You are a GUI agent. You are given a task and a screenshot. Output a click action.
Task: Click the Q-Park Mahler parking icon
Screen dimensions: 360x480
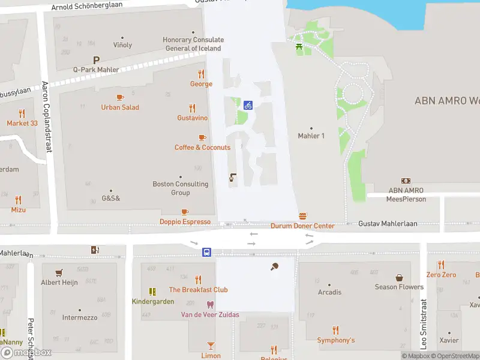click(x=96, y=60)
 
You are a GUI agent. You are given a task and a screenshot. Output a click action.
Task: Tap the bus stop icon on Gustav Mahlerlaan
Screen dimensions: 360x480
click(x=206, y=252)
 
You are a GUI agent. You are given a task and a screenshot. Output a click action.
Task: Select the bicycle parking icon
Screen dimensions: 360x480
click(x=248, y=106)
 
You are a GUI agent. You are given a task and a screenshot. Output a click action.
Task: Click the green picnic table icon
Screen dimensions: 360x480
click(x=298, y=46)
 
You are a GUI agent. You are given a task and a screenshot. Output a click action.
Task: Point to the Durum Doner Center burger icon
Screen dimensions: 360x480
click(x=303, y=216)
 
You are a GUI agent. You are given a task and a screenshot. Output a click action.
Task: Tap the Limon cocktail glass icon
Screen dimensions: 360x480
click(x=211, y=345)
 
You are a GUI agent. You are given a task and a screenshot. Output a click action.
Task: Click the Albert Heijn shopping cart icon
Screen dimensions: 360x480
click(x=59, y=272)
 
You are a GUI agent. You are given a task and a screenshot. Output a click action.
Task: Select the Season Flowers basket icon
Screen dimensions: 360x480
click(x=399, y=277)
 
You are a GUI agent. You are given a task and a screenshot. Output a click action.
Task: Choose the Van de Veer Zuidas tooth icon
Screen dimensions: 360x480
click(x=210, y=304)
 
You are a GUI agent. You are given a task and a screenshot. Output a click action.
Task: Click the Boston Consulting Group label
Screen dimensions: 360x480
click(x=181, y=188)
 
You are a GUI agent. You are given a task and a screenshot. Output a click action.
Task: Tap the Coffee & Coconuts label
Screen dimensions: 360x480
click(x=202, y=148)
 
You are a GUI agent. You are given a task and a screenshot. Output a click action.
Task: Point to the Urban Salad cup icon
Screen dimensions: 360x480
click(x=120, y=97)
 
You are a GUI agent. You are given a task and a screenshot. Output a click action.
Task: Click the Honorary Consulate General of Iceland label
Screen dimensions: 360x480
click(x=192, y=44)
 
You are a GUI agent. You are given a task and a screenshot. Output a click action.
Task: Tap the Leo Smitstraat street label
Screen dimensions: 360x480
click(x=424, y=324)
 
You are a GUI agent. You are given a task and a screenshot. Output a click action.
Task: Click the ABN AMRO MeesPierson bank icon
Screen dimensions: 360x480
click(x=406, y=181)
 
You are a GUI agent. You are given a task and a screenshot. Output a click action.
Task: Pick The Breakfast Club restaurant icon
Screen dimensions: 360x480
click(x=199, y=280)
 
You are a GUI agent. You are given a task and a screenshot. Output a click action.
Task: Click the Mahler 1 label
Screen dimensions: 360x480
click(x=311, y=136)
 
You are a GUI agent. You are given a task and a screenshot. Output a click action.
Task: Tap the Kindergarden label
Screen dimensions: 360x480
click(x=153, y=301)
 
